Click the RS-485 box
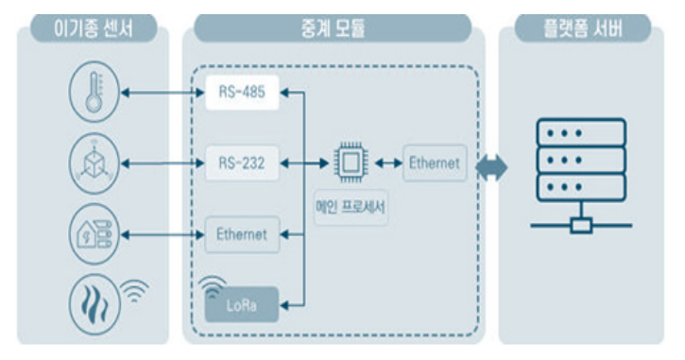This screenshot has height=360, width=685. coord(242,93)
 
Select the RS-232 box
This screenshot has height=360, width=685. coord(242,163)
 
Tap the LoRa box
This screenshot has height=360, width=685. coord(242,304)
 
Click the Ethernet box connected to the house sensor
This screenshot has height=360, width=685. coord(242,234)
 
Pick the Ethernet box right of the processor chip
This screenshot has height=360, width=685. coord(435,163)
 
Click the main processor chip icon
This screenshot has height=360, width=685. coord(351,163)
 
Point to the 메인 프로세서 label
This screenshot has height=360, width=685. coord(351,207)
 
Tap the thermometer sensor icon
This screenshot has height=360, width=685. coord(94,92)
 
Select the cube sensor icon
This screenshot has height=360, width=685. coord(94,163)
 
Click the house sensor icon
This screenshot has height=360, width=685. coord(94,234)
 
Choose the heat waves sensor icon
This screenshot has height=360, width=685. coord(94,304)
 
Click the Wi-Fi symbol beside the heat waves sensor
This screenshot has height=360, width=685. coord(134,290)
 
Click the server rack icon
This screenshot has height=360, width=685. coord(581,175)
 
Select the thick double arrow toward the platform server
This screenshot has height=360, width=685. coord(491,167)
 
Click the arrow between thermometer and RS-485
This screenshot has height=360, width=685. coord(163,93)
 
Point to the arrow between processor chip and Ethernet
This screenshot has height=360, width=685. coord(388,163)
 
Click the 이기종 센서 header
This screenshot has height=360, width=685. coord(94,29)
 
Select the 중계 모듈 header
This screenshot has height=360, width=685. coord(333,29)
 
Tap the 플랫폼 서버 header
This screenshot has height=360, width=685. coord(583,29)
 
